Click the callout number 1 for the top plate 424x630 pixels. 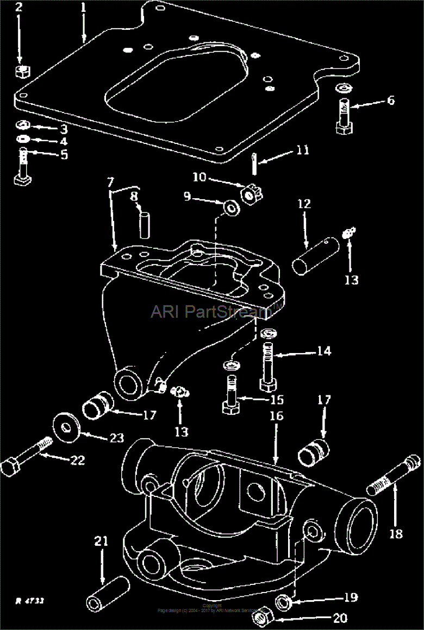click(83, 8)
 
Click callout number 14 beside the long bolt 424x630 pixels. click(324, 351)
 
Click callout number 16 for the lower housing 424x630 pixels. click(276, 417)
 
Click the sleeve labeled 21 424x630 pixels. click(108, 592)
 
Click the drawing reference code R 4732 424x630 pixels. click(29, 601)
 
